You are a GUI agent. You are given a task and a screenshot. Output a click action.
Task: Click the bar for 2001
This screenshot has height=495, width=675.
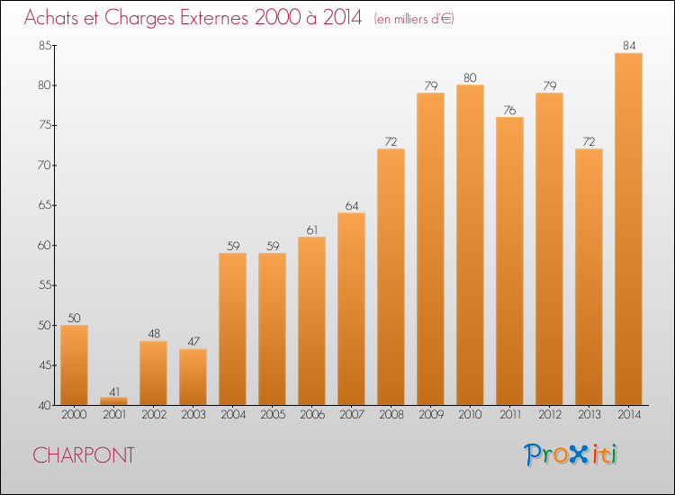113,400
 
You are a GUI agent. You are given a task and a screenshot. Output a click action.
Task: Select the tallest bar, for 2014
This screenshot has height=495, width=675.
628,229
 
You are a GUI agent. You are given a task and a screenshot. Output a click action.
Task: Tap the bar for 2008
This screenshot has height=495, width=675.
391,277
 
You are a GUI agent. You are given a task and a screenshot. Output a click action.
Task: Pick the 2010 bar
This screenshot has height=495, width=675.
470,245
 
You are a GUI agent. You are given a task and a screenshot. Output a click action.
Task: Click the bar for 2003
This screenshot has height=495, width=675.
193,376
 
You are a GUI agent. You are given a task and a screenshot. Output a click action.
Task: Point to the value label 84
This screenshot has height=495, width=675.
629,46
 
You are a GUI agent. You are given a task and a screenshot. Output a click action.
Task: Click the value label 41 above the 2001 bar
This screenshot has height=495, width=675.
114,392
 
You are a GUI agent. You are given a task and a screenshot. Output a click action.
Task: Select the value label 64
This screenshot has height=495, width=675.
352,206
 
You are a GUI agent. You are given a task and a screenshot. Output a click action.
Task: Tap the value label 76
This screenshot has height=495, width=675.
509,110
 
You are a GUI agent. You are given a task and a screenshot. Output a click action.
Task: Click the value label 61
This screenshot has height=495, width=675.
312,230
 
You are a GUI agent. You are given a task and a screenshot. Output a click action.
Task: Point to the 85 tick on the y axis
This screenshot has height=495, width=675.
45,45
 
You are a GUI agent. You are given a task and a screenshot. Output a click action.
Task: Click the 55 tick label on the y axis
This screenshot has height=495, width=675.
45,285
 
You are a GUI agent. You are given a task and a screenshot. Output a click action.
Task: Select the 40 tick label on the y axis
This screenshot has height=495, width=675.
45,405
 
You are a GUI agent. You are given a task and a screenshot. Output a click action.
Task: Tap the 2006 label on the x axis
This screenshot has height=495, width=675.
312,414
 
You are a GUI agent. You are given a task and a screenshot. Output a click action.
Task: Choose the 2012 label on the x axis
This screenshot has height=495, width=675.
550,414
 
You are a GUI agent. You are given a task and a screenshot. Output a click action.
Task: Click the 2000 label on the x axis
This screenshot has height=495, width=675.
74,414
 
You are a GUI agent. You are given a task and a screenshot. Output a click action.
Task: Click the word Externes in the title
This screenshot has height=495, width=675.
214,17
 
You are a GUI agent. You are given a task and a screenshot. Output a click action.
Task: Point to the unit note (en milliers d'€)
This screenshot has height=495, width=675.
414,19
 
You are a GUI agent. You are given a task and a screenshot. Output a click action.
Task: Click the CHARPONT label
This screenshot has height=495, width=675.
84,455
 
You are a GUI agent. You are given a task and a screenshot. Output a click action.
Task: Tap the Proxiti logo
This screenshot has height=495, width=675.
571,454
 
